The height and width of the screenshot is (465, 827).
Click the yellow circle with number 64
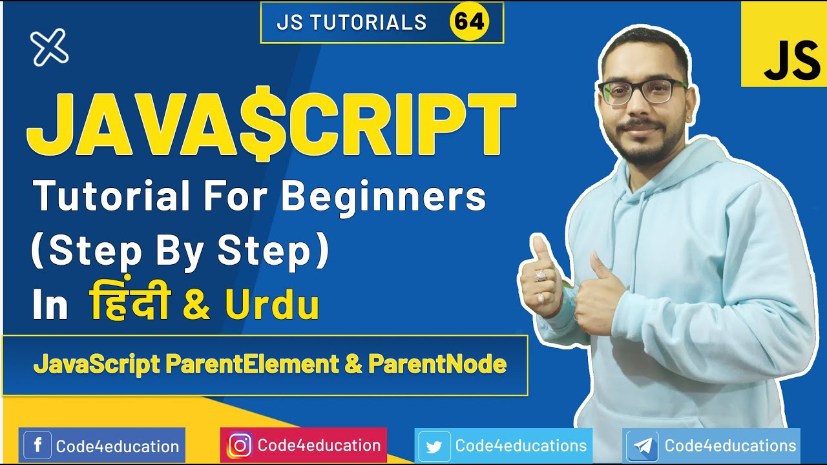[469, 22]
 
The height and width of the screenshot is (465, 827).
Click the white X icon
[49, 47]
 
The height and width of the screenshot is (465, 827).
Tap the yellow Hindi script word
[129, 305]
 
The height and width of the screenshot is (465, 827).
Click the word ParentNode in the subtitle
[437, 365]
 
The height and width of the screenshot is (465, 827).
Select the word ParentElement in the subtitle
[252, 365]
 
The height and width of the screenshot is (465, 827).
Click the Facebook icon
[37, 446]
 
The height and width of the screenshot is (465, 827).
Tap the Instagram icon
[240, 446]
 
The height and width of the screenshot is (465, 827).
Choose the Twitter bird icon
[434, 446]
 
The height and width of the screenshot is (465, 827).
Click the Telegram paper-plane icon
[642, 446]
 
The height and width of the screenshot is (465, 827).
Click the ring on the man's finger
[540, 276]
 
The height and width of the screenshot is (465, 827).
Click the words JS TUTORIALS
[351, 23]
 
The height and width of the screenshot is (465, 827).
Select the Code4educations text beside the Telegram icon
[730, 446]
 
